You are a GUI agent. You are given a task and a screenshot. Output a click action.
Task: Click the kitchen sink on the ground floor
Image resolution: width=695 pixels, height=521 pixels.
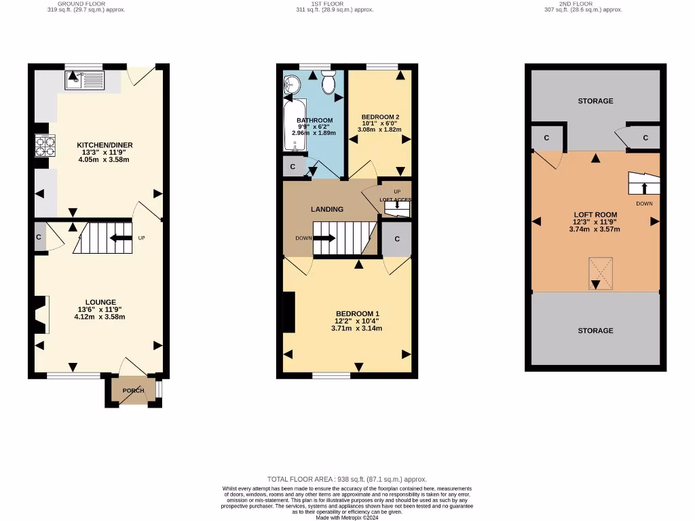click(83, 81)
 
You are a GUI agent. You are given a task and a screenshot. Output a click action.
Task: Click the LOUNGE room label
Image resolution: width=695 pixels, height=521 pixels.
click(100, 302)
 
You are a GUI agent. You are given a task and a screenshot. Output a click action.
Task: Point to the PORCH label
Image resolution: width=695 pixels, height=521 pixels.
click(133, 391)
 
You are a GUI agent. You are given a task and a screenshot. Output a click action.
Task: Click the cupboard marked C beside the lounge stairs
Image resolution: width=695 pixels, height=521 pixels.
click(39, 237)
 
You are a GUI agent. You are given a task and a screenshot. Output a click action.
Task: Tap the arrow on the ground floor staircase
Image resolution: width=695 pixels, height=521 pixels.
click(121, 238)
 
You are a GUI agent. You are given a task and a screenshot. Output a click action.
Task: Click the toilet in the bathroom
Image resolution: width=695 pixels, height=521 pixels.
click(328, 84)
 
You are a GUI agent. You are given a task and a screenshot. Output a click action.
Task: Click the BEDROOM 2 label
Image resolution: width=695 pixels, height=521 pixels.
click(380, 116)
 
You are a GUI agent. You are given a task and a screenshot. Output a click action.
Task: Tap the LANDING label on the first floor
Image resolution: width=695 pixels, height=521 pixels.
click(327, 209)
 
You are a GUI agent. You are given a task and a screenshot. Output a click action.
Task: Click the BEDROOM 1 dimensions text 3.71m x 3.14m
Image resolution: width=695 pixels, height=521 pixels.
click(356, 328)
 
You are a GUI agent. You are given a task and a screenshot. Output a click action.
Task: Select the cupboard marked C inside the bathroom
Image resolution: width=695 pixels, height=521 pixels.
click(293, 167)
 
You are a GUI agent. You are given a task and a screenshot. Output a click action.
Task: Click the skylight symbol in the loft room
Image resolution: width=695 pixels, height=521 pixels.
click(600, 273)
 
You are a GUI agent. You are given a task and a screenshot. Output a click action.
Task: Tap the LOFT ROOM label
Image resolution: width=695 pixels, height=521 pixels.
click(595, 215)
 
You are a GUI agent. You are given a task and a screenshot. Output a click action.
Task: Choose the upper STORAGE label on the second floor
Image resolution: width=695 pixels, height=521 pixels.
click(595, 101)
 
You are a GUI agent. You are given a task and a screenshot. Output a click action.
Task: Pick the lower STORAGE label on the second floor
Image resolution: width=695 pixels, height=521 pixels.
click(595, 330)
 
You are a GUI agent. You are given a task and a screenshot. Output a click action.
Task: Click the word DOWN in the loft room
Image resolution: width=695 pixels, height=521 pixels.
click(644, 204)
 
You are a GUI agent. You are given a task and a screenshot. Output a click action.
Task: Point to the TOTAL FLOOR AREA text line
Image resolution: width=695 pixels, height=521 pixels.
click(347, 479)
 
